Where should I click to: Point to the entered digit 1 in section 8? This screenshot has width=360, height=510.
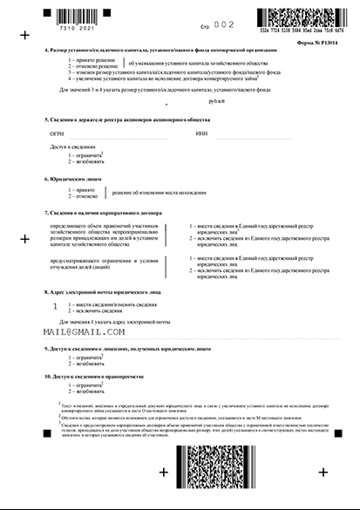[x=56, y=306]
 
